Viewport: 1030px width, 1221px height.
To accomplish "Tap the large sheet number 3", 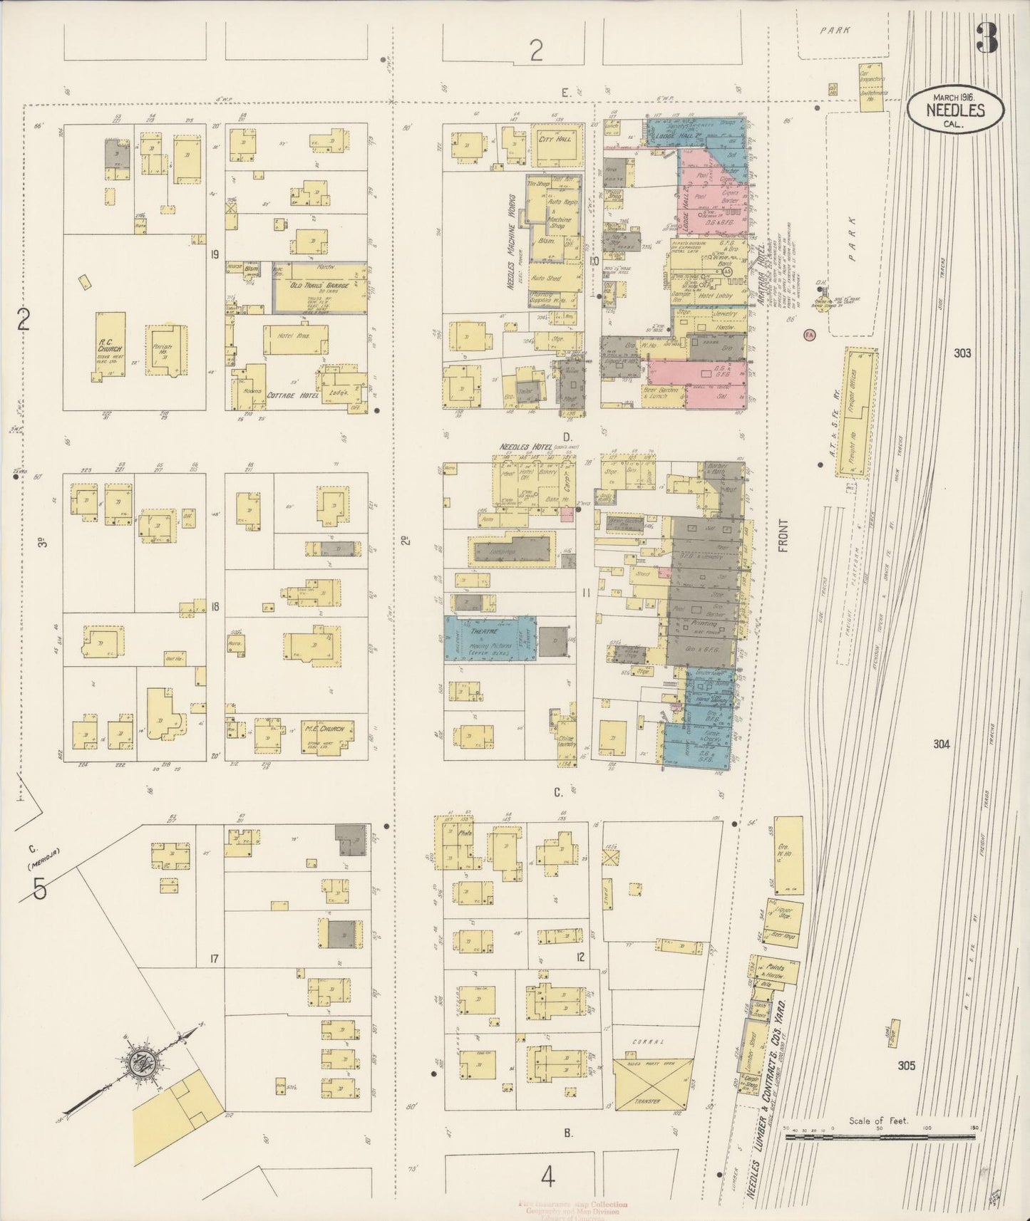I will pos(987,37).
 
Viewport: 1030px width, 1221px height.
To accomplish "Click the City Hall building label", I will pos(555,140).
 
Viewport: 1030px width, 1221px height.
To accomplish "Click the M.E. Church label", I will pos(324,728).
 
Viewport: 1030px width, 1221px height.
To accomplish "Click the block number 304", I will pos(941,744).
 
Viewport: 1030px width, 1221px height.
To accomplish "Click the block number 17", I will pos(213,958).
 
